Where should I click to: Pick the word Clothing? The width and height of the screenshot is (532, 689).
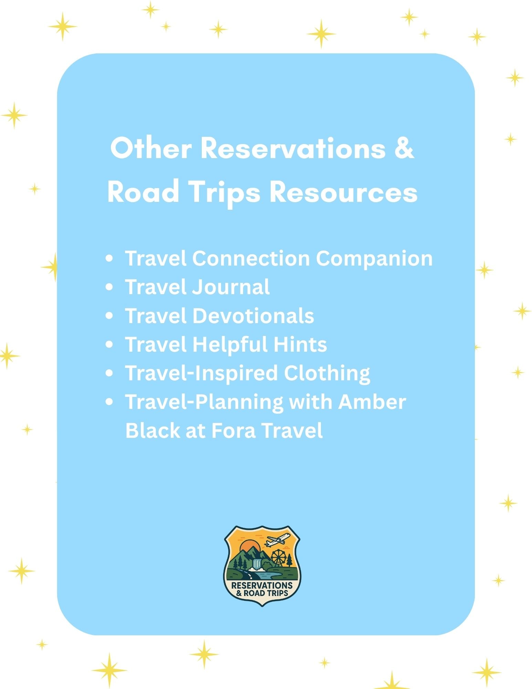[327, 373]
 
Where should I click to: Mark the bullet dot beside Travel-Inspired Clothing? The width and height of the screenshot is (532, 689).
[109, 373]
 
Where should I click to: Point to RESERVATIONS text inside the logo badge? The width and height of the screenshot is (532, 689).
[262, 585]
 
